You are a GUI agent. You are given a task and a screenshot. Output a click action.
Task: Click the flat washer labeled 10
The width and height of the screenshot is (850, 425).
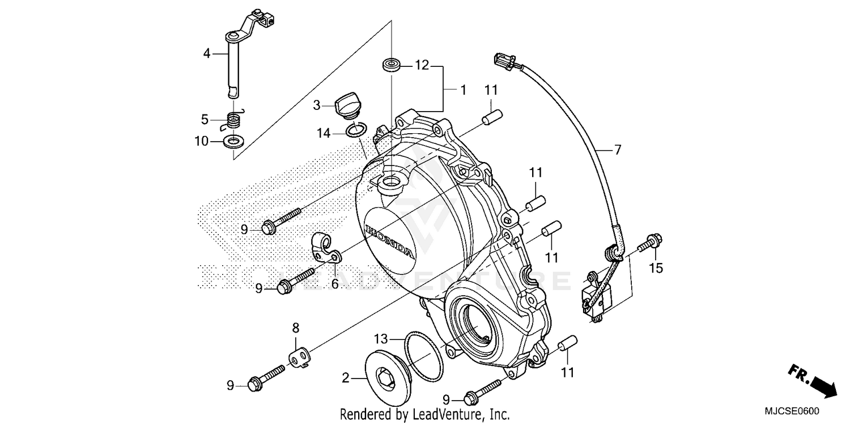coord(232,141)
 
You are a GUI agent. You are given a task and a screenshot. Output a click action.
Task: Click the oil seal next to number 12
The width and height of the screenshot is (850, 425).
coord(392,64)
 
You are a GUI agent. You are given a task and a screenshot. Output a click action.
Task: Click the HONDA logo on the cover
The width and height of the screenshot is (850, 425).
coord(389,240)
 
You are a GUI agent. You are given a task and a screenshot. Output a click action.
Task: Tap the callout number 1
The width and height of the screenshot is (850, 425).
coord(462,90)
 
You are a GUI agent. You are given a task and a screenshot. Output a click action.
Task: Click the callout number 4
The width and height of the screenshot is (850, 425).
coord(207,54)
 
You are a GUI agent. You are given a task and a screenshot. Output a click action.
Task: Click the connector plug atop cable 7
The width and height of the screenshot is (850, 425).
coord(505,59)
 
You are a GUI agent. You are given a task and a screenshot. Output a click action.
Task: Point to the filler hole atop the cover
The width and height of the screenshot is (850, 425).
coord(390,182)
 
